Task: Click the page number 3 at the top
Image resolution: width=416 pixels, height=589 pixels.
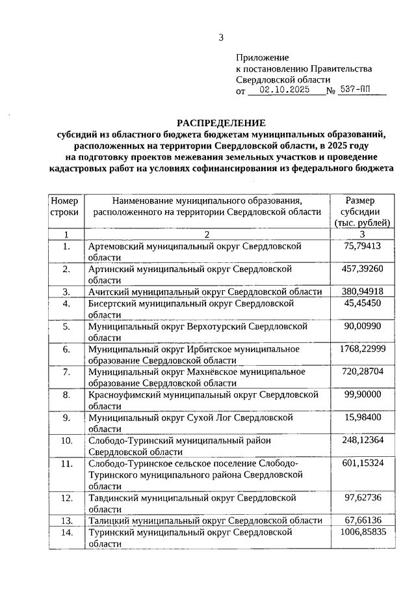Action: (221, 37)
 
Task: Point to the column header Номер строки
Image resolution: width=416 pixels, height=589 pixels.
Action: (65, 206)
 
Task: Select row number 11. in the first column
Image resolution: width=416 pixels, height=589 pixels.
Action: (66, 463)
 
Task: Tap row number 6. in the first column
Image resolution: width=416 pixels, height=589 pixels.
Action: (66, 349)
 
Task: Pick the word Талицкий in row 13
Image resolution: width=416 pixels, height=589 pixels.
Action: (108, 520)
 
